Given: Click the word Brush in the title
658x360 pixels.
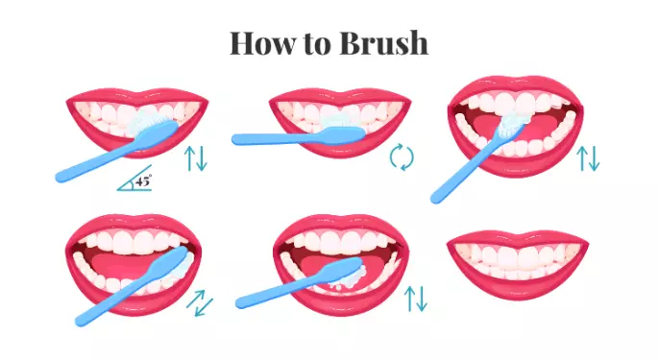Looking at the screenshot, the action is (383, 43).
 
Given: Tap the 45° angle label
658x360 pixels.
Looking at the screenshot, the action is (143, 181).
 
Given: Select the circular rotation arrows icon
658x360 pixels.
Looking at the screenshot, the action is (402, 156).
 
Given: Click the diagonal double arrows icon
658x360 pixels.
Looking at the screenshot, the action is (200, 302).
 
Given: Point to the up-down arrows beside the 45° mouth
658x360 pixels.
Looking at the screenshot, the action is (196, 158).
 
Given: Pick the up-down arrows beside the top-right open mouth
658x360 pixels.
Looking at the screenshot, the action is (588, 158).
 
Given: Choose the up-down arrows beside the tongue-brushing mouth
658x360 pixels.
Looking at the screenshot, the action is (415, 299).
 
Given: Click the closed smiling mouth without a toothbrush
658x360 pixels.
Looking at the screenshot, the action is (518, 264).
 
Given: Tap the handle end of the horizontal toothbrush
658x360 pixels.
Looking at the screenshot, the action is (236, 139).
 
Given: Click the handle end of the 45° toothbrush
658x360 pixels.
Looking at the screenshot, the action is (61, 177).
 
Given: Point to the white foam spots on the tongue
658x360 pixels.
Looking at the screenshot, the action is (350, 279).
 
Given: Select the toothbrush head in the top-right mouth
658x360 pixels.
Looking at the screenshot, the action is (513, 123).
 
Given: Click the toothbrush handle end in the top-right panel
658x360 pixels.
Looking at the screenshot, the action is (436, 198).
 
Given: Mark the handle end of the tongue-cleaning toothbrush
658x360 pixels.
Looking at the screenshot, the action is (241, 302).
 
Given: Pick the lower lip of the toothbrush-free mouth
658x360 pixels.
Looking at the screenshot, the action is (518, 286).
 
